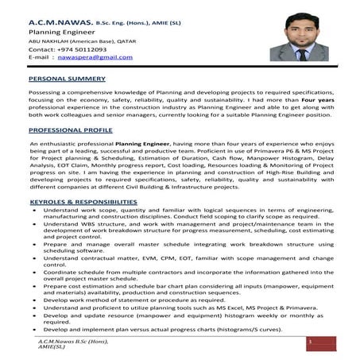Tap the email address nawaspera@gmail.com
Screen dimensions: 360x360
click(x=95, y=58)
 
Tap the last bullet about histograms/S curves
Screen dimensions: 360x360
click(x=151, y=329)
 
